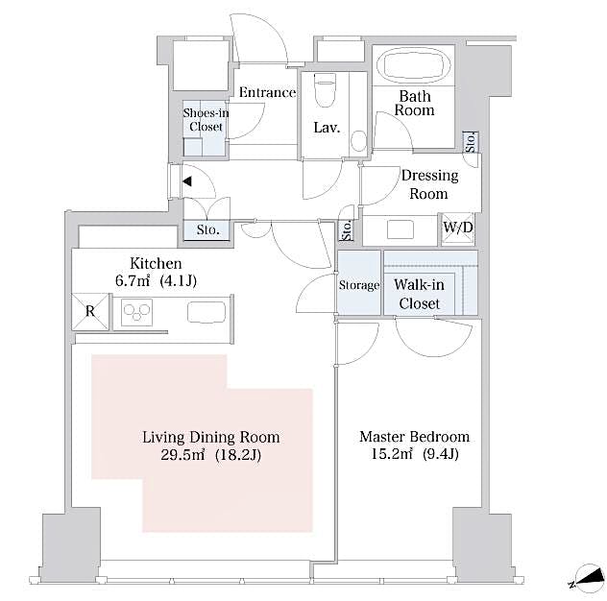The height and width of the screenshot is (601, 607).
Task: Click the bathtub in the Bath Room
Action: pyautogui.click(x=414, y=68)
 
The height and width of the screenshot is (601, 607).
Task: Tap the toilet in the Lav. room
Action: pyautogui.click(x=324, y=92)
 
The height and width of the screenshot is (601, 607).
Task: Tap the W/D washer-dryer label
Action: pyautogui.click(x=458, y=228)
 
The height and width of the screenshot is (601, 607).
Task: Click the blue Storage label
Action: pyautogui.click(x=359, y=286)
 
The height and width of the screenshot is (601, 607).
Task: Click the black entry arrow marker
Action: pyautogui.click(x=188, y=180)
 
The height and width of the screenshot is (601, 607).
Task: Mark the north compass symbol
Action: pyautogui.click(x=581, y=579)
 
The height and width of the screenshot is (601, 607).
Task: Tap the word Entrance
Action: pyautogui.click(x=266, y=93)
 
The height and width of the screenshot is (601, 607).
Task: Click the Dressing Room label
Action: pyautogui.click(x=428, y=184)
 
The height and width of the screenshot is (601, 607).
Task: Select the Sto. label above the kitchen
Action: pyautogui.click(x=207, y=230)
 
